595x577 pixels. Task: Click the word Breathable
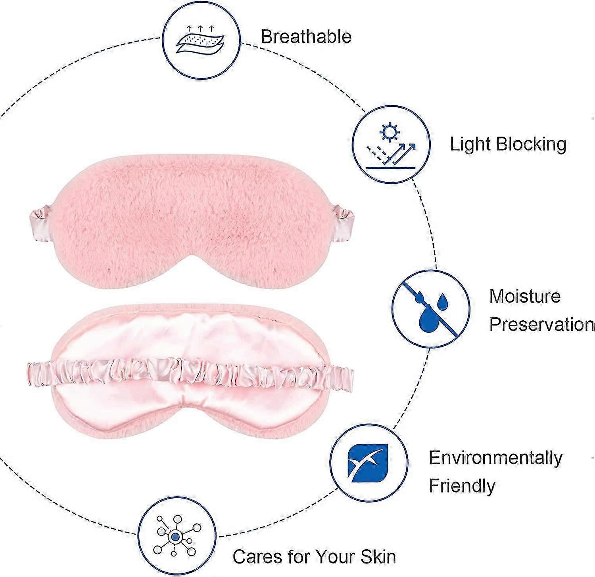[306, 37]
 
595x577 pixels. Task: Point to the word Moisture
[524, 296]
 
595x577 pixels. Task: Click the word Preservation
[541, 324]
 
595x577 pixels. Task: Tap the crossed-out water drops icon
[431, 309]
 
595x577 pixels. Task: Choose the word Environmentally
[495, 458]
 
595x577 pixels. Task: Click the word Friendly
[462, 486]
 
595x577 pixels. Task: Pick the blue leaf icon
[369, 463]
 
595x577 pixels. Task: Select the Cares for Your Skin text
[314, 556]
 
